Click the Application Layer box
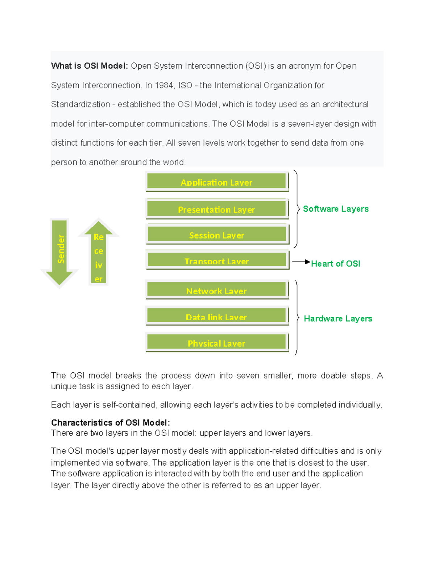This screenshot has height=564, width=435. pos(217,182)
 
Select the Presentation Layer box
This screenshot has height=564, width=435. pos(217,209)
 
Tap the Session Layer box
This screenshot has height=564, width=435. pos(217,235)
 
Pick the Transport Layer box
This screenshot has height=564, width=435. pos(217,260)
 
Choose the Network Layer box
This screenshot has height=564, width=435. pos(217,290)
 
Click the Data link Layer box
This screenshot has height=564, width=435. pos(217,316)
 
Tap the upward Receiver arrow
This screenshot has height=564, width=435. pos(99,254)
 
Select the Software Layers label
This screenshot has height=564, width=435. pos(336,209)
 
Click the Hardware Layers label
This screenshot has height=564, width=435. pos(338,318)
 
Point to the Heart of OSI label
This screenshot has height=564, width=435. pos(335,264)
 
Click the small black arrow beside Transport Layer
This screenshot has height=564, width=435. pos(301,261)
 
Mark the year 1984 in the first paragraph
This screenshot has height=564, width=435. pos(164,85)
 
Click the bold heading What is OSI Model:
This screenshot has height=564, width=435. pos(90,66)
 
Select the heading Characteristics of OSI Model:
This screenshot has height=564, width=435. pos(111,423)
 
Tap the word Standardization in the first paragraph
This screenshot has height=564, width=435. pos(80,105)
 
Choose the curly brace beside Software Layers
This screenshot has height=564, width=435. pos(297,209)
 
